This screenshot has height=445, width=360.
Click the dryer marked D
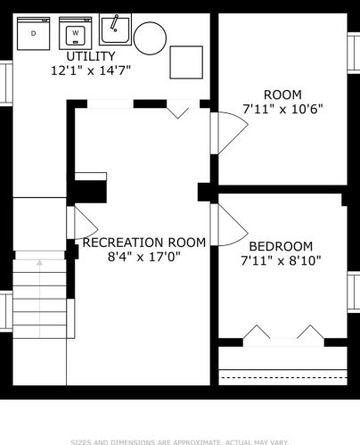click(33, 33)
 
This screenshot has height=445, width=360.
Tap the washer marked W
click(76, 33)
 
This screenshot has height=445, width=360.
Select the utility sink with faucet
click(115, 29)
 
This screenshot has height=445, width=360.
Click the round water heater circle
click(150, 38)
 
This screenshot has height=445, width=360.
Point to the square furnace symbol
click(186, 62)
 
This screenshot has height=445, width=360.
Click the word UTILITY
click(91, 56)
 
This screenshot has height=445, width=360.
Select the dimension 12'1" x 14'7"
click(91, 70)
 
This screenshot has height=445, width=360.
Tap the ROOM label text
click(282, 95)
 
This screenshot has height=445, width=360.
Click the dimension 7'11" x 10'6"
click(282, 109)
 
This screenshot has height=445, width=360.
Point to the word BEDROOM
click(281, 246)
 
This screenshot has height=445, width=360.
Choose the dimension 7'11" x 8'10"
click(281, 261)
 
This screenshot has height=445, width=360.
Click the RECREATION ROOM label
click(144, 243)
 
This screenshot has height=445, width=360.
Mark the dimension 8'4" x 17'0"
click(144, 257)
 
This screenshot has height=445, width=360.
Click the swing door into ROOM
click(229, 133)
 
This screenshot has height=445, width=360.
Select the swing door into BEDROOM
click(229, 225)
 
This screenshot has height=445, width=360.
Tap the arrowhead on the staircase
click(39, 262)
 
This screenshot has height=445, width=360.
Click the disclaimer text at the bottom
click(180, 442)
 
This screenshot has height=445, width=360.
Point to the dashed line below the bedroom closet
click(282, 377)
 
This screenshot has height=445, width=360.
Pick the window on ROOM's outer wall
click(354, 52)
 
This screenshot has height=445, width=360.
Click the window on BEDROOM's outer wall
click(354, 293)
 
